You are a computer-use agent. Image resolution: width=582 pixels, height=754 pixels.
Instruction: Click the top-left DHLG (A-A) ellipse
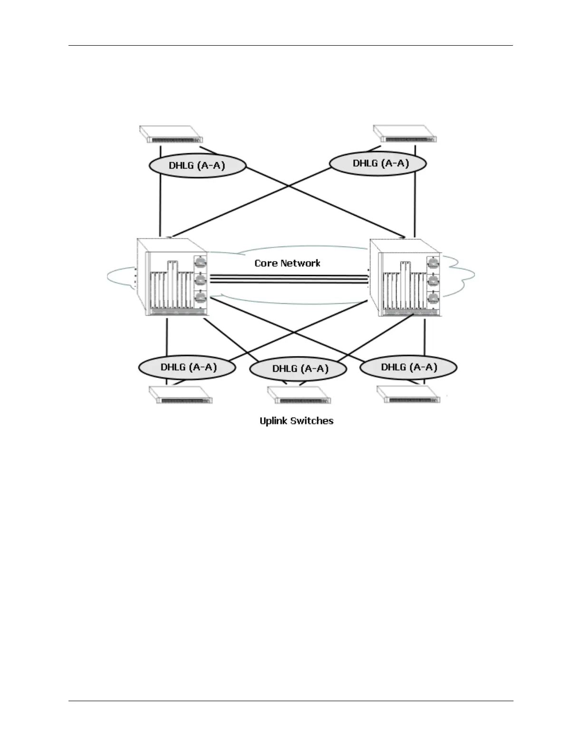197,166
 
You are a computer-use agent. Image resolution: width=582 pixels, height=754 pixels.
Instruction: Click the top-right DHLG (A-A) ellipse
378,163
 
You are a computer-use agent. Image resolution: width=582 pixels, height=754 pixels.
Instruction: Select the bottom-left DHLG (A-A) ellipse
187,367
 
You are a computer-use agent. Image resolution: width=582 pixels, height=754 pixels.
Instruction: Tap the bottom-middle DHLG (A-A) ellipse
298,368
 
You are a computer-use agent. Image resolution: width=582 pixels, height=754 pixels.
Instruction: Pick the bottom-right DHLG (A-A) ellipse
408,367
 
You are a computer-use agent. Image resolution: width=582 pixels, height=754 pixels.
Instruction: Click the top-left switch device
171,134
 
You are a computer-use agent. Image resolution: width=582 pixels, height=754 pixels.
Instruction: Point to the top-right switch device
405,133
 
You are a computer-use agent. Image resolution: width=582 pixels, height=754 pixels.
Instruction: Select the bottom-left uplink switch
181,395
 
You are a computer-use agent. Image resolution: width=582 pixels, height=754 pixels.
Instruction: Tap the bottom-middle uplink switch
299,396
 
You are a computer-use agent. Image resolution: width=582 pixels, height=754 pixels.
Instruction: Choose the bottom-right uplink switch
412,395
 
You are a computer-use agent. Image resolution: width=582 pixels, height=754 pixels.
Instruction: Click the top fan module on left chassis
201,262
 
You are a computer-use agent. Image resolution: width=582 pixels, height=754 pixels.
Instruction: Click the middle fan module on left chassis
201,279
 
